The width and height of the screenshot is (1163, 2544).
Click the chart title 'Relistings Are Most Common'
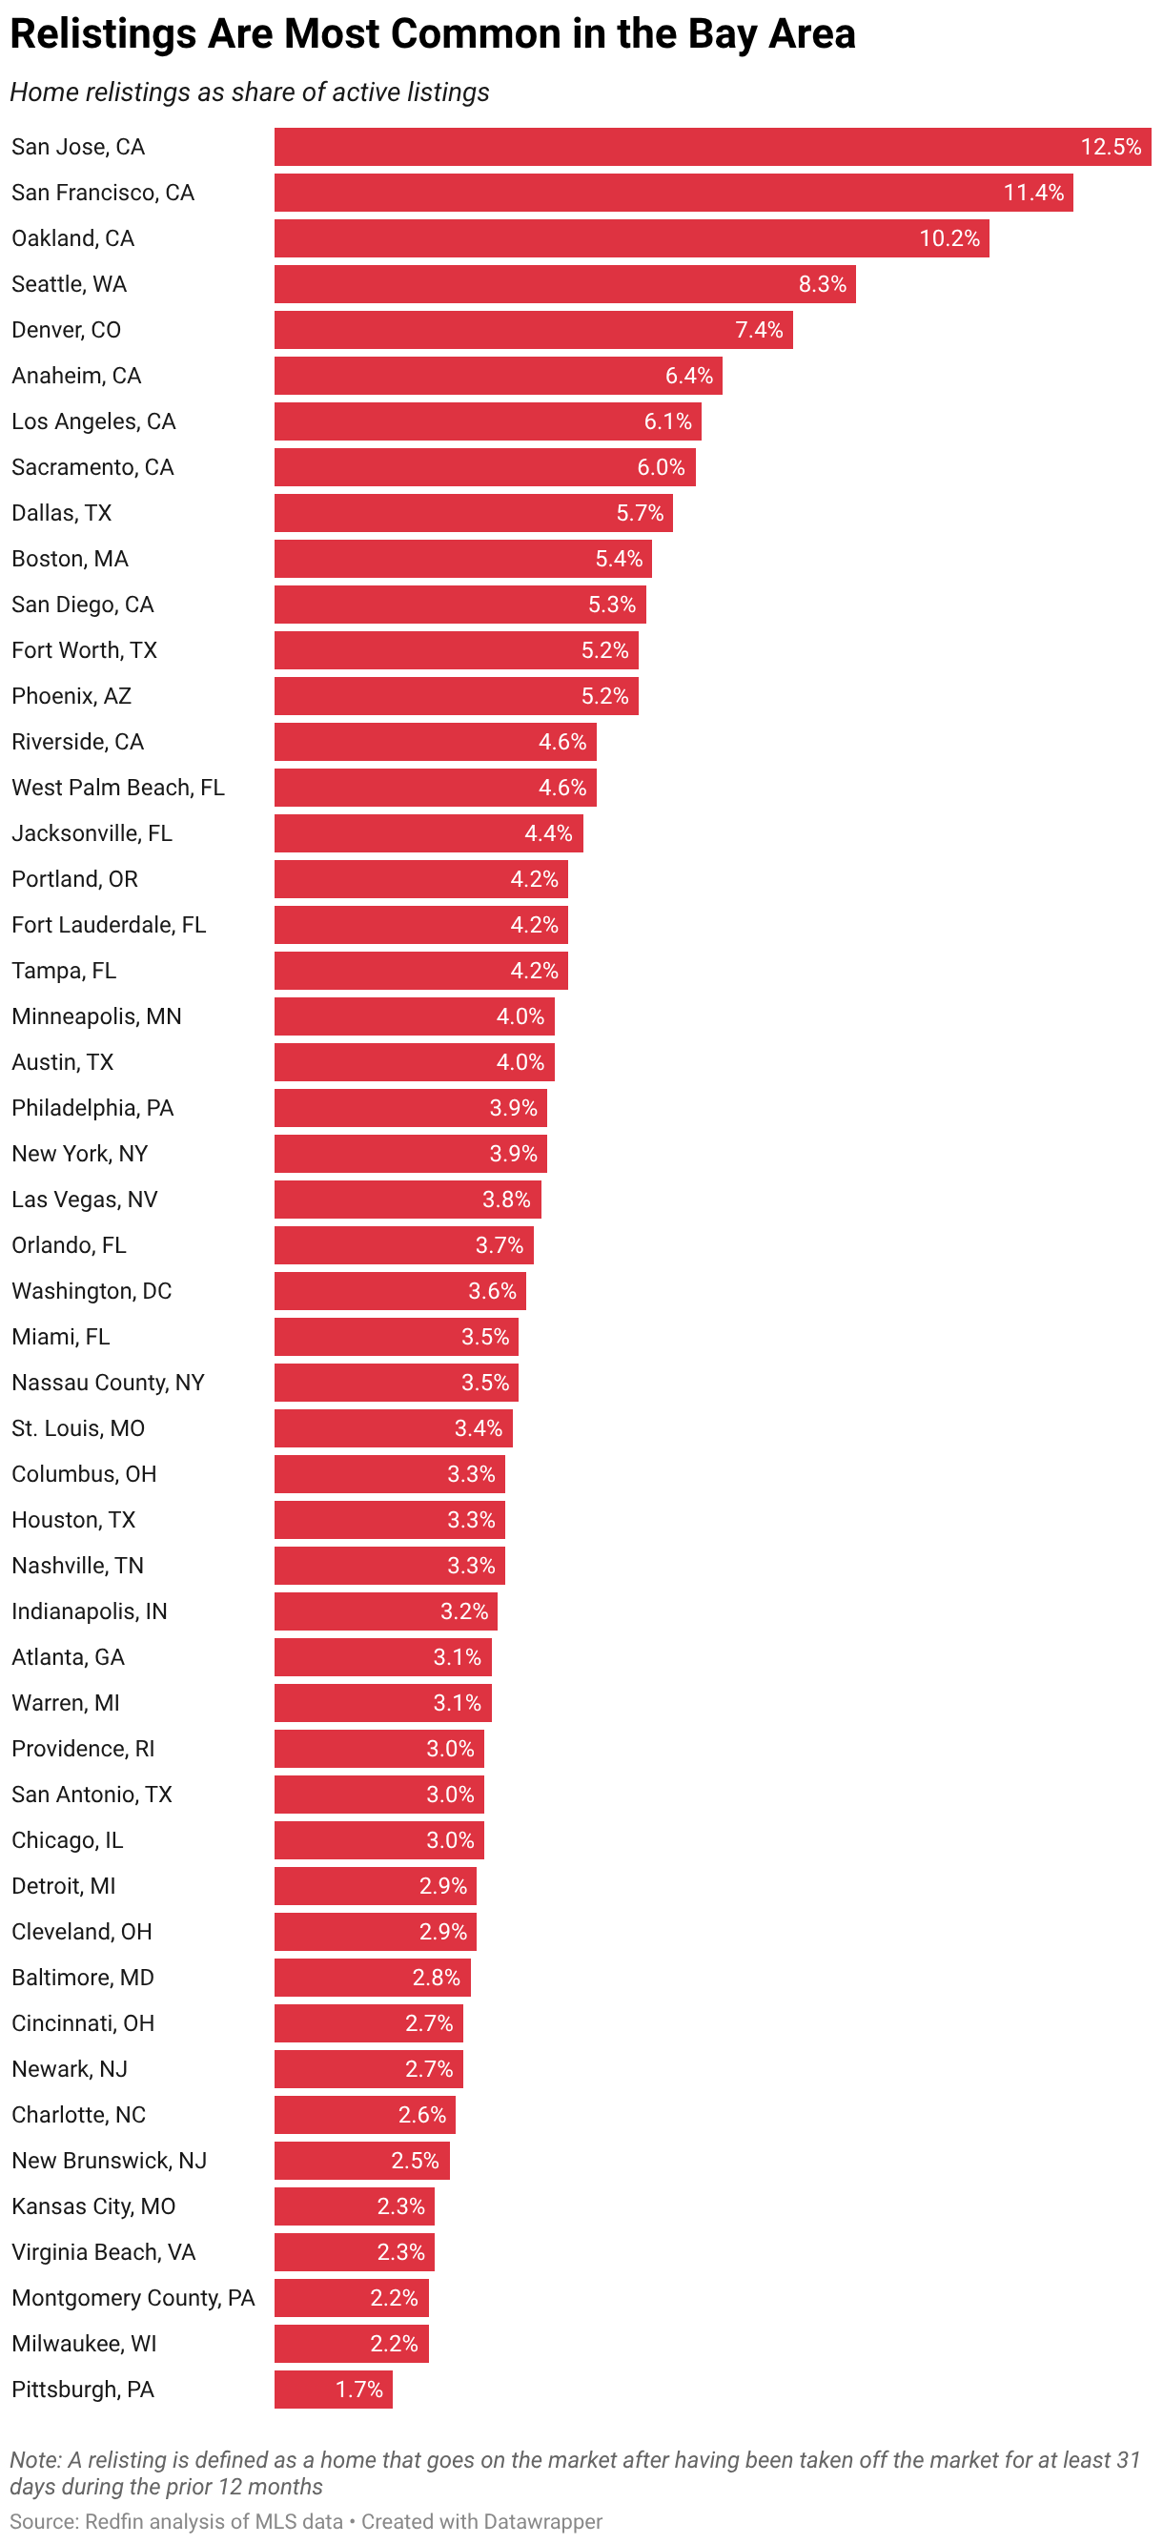click(432, 34)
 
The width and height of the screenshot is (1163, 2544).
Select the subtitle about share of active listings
click(249, 92)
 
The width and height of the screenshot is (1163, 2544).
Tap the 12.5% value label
click(1110, 147)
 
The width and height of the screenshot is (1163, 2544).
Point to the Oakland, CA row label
click(73, 239)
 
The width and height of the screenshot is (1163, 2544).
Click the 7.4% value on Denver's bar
click(758, 330)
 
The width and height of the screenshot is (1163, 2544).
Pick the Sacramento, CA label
click(92, 467)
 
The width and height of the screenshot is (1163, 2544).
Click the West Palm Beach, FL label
click(117, 787)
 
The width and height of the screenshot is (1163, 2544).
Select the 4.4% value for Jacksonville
click(548, 833)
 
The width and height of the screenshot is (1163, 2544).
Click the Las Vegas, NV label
click(84, 1200)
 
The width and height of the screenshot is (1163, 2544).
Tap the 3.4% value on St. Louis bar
click(478, 1428)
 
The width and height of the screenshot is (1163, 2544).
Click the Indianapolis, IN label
click(89, 1611)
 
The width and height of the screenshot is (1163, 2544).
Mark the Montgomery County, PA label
click(133, 2298)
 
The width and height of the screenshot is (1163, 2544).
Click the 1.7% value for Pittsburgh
click(358, 2389)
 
